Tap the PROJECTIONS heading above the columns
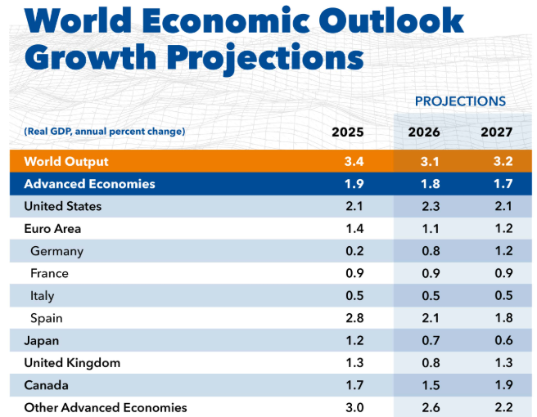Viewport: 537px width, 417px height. (x=460, y=101)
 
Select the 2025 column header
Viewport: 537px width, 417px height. (x=347, y=132)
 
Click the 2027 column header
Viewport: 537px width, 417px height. (x=497, y=132)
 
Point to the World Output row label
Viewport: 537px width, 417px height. (x=66, y=161)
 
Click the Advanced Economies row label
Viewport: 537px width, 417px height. (x=89, y=184)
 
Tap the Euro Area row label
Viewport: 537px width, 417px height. (x=52, y=229)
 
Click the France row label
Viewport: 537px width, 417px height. (x=49, y=273)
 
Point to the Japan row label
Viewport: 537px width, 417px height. (x=41, y=340)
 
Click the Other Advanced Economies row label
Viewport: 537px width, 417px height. (x=106, y=407)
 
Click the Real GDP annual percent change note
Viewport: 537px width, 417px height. (x=105, y=132)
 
